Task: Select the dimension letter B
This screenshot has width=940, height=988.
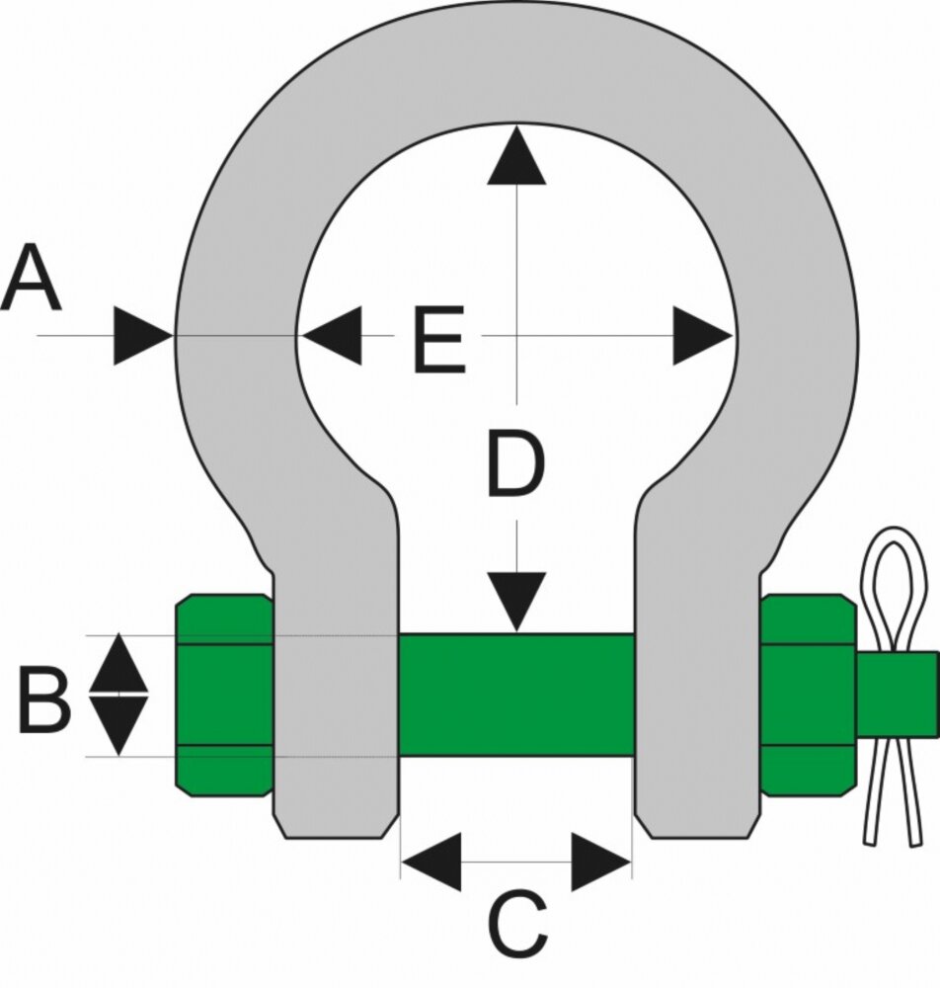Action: click(44, 701)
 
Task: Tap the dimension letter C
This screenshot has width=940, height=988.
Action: click(517, 924)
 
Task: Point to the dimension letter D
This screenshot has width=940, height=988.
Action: click(515, 463)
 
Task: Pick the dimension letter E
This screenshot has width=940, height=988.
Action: click(439, 339)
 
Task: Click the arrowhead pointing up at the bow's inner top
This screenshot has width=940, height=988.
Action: click(516, 155)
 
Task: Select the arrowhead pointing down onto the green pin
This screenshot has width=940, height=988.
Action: click(516, 602)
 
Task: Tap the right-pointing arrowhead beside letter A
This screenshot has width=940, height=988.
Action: click(143, 335)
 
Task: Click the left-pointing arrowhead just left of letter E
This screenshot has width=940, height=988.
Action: click(331, 335)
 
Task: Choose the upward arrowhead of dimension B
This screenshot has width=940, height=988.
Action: click(119, 664)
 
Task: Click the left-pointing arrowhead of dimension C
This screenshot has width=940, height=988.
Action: click(431, 862)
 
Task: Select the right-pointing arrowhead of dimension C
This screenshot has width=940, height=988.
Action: click(601, 862)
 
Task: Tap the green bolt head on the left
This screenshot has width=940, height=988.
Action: click(223, 695)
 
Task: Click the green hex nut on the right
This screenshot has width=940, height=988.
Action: click(809, 695)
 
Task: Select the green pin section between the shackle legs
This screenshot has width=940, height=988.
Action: click(516, 695)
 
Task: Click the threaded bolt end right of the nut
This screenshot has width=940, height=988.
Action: click(898, 695)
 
